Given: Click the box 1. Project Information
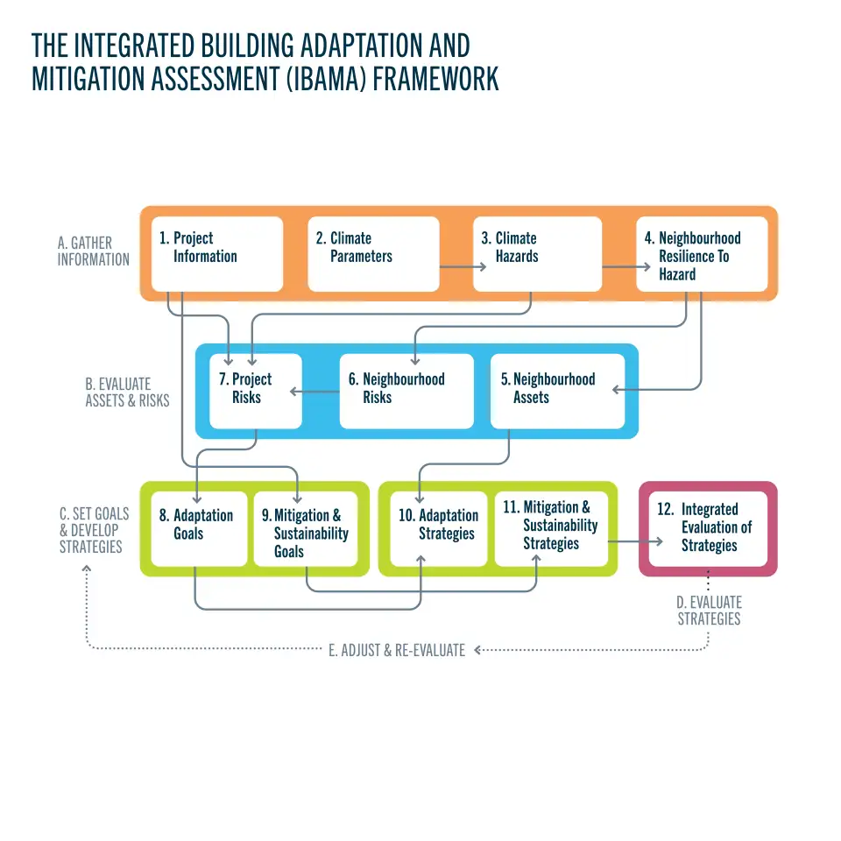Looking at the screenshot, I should (x=217, y=254).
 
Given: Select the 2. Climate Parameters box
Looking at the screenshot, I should (x=376, y=254).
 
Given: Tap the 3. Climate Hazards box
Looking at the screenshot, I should (x=537, y=254).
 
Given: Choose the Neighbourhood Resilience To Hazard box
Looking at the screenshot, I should (x=702, y=254).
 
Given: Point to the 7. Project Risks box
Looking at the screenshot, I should (x=256, y=391).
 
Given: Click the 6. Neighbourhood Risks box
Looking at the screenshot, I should (x=406, y=391).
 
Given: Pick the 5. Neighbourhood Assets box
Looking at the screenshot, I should (x=557, y=391).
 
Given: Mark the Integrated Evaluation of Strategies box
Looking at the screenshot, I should (x=709, y=528).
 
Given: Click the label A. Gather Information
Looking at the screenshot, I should (x=93, y=251).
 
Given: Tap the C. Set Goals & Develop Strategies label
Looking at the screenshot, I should (x=90, y=530).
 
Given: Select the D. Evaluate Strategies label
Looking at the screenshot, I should (x=709, y=611).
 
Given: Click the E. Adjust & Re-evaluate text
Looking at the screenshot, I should (x=397, y=650).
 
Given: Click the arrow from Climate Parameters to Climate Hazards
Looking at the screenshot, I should (x=456, y=266).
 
